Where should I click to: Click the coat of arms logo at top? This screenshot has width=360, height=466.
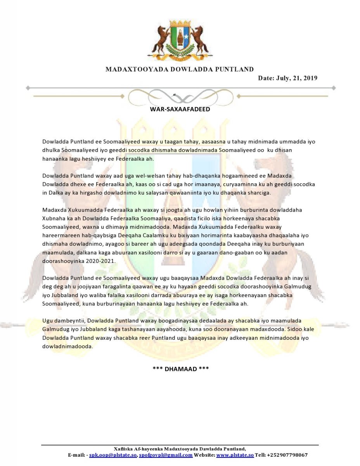coord(180,39)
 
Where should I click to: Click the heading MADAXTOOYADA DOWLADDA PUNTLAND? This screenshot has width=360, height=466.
coord(180,70)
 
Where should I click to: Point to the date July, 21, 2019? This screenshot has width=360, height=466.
coord(288,78)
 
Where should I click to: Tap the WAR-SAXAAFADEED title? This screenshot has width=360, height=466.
coord(180,109)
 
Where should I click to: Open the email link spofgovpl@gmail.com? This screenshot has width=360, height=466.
coord(166,455)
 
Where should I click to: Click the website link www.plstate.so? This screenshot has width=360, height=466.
coord(235,455)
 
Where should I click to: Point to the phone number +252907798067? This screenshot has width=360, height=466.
coord(287,455)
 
